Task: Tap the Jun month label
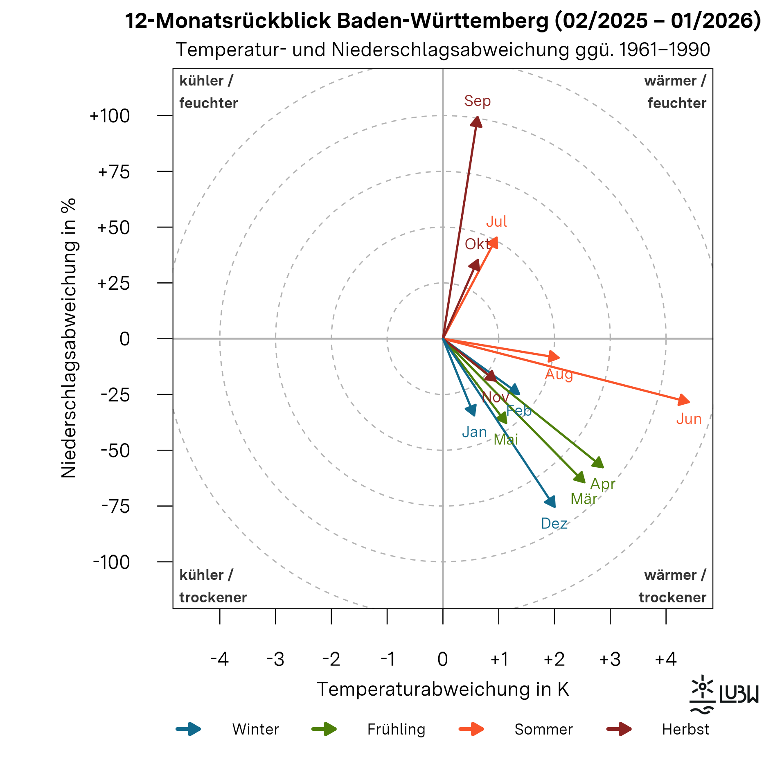689,419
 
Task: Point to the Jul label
496,221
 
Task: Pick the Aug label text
559,374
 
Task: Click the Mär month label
584,499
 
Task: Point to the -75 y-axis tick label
115,506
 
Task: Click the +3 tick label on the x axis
610,659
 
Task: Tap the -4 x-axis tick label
220,659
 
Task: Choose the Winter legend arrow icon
189,729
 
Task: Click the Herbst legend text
685,729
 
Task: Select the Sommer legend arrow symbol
471,729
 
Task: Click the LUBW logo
723,694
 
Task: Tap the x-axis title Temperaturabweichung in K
443,689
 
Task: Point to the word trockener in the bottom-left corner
213,597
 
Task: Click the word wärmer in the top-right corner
670,81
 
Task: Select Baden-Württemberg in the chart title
442,20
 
